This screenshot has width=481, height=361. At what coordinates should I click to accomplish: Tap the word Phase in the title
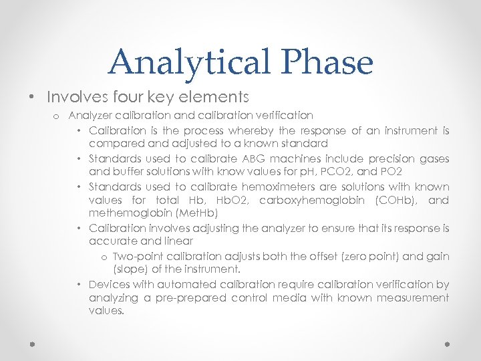327,62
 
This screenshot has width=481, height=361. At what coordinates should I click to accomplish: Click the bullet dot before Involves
32,98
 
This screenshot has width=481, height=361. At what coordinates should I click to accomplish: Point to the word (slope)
130,270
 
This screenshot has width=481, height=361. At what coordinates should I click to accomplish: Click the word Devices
110,284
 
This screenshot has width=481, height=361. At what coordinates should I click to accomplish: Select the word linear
178,242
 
